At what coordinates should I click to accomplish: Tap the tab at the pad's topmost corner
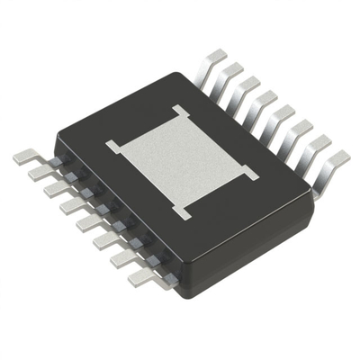coord(181,112)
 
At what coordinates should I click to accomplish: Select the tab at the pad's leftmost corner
coord(112,144)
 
